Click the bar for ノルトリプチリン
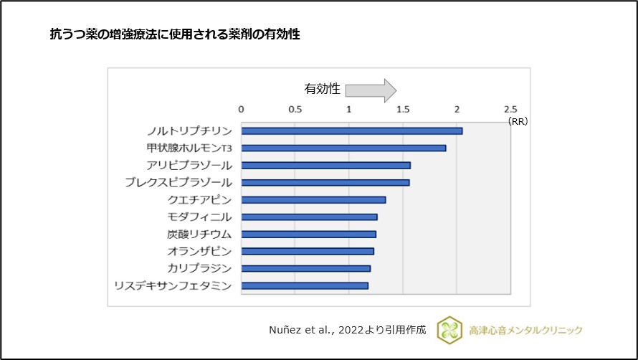coord(351,131)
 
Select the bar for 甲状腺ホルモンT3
coord(343,148)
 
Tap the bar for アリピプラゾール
coord(325,165)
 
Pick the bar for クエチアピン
coord(313,199)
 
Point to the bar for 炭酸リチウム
coord(308,234)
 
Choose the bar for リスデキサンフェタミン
coord(305,285)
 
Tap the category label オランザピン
coord(199,251)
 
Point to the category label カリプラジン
coord(199,268)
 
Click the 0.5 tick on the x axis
coord(295,109)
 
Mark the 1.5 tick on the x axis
coord(403,109)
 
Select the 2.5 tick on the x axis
coord(510,109)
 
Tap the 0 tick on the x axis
coord(241,109)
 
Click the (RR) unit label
coord(518,122)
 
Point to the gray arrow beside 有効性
coord(370,90)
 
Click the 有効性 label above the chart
coord(322,90)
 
